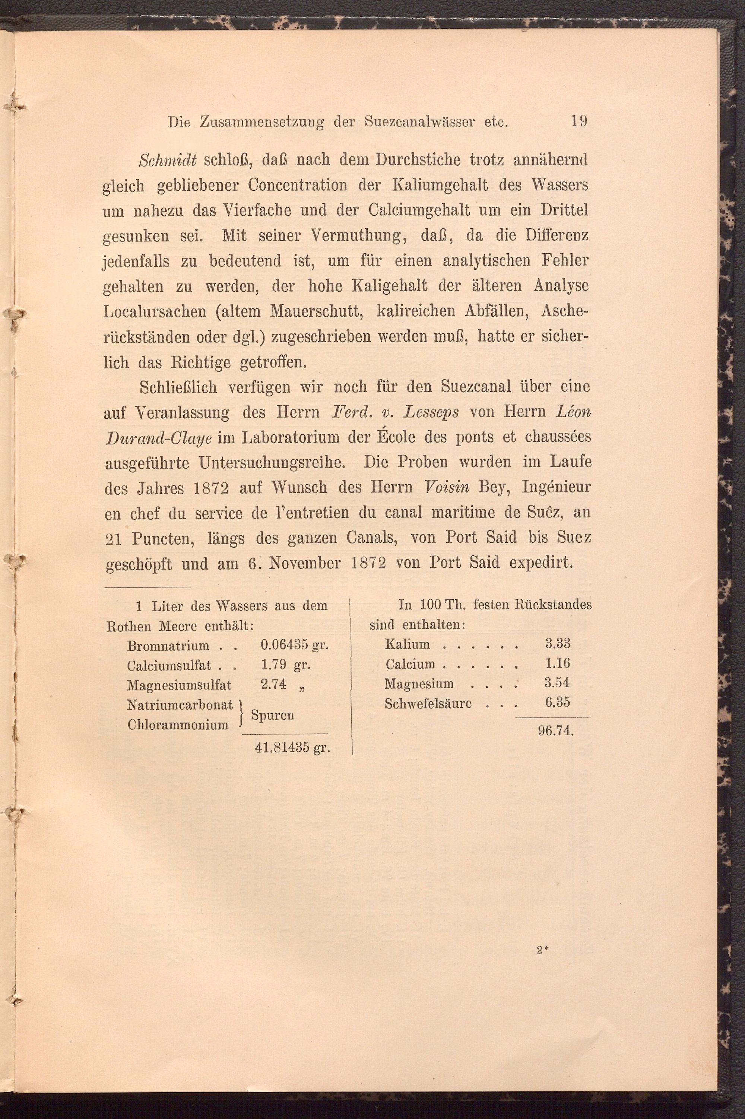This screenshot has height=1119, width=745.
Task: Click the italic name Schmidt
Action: (x=168, y=160)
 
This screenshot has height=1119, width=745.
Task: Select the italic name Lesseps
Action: (x=431, y=412)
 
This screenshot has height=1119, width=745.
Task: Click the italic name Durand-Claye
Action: (x=159, y=438)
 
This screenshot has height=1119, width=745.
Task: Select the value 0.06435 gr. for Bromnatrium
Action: (x=295, y=646)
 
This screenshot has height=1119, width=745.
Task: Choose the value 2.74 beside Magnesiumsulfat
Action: (x=274, y=684)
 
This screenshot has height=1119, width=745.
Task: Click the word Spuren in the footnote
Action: (x=272, y=715)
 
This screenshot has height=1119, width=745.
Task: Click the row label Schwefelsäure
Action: (x=428, y=704)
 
